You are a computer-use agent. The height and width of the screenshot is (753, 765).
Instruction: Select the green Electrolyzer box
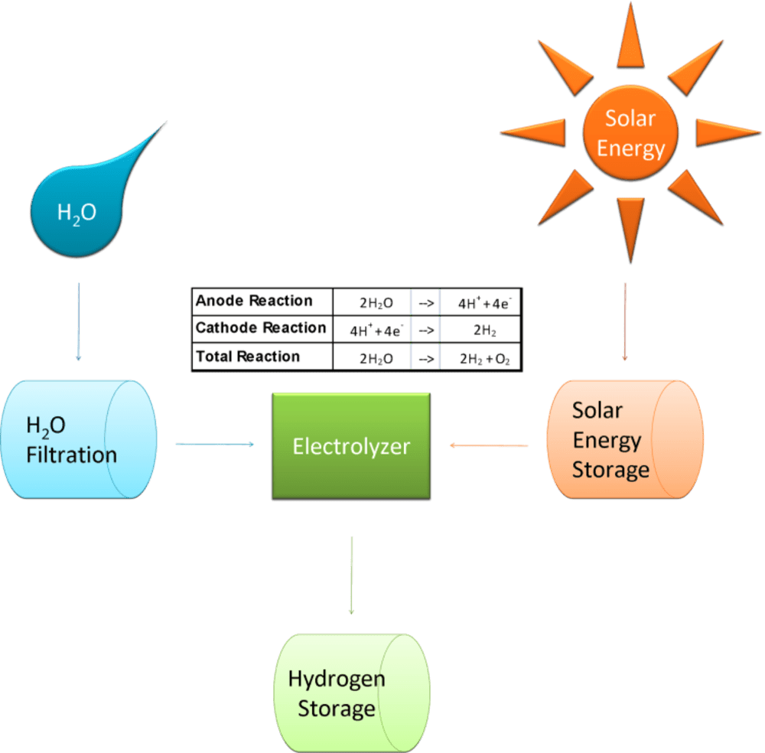pos(351,446)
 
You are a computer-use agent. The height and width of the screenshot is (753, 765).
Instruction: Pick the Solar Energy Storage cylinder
pos(624,440)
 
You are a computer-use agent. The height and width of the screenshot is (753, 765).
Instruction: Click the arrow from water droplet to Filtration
pos(78,321)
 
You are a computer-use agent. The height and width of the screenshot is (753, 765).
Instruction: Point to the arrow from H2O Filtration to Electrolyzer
pos(215,444)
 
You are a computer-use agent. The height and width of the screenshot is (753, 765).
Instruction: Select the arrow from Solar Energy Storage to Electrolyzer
pos(489,445)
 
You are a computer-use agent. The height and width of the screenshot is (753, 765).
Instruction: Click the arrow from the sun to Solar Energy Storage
pos(625,321)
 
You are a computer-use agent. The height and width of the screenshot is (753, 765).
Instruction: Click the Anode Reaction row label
pos(254,301)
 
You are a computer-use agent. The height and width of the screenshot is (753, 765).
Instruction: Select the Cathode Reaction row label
pos(261,329)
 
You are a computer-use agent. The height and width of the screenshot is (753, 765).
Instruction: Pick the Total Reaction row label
pos(249,357)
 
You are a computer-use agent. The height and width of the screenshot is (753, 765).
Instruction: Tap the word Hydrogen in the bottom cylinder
pos(337,678)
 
